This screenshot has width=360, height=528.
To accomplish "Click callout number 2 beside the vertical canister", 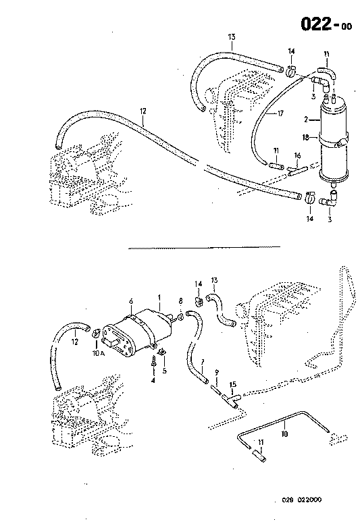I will [306, 120].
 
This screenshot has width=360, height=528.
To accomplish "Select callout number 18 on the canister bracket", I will [307, 137].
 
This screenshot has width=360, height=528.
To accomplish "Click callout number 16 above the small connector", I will [297, 155].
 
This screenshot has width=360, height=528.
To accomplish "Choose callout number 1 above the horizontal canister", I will [159, 298].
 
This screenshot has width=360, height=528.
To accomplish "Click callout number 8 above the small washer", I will [180, 302].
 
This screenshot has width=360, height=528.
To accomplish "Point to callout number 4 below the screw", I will [153, 381].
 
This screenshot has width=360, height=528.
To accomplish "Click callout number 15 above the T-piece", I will [232, 385].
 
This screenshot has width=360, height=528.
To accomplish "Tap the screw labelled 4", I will [154, 364].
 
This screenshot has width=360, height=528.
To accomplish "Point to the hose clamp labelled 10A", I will [97, 331].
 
